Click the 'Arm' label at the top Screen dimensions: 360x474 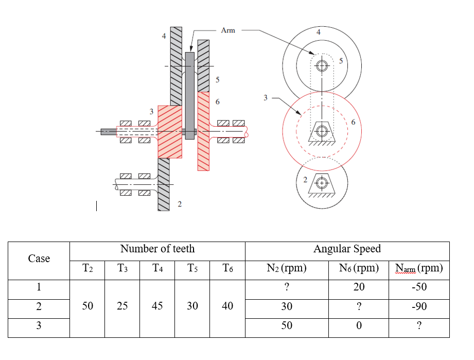pyautogui.click(x=227, y=30)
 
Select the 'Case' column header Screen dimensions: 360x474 pyautogui.click(x=39, y=259)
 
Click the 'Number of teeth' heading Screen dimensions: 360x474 pyautogui.click(x=157, y=249)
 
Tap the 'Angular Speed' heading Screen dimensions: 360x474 pyautogui.click(x=347, y=249)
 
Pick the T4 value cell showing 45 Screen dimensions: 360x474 pyautogui.click(x=157, y=306)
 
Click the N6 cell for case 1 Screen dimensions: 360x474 pyautogui.click(x=359, y=287)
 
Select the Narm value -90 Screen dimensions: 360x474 pyautogui.click(x=418, y=306)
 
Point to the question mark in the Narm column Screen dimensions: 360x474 pyautogui.click(x=418, y=325)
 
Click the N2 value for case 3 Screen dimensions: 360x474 pyautogui.click(x=287, y=325)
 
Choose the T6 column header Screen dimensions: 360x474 pyautogui.click(x=227, y=268)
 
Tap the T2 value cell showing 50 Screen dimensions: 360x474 pyautogui.click(x=87, y=306)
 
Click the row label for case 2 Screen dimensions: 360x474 pyautogui.click(x=39, y=306)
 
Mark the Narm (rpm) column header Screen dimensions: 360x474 pyautogui.click(x=418, y=268)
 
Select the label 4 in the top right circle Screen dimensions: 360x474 pyautogui.click(x=319, y=32)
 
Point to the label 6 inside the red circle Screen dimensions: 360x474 pyautogui.click(x=353, y=122)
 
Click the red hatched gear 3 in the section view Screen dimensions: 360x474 pyautogui.click(x=169, y=131)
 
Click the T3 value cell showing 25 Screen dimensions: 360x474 pyautogui.click(x=122, y=306)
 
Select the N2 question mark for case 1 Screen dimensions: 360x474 pyautogui.click(x=287, y=287)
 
